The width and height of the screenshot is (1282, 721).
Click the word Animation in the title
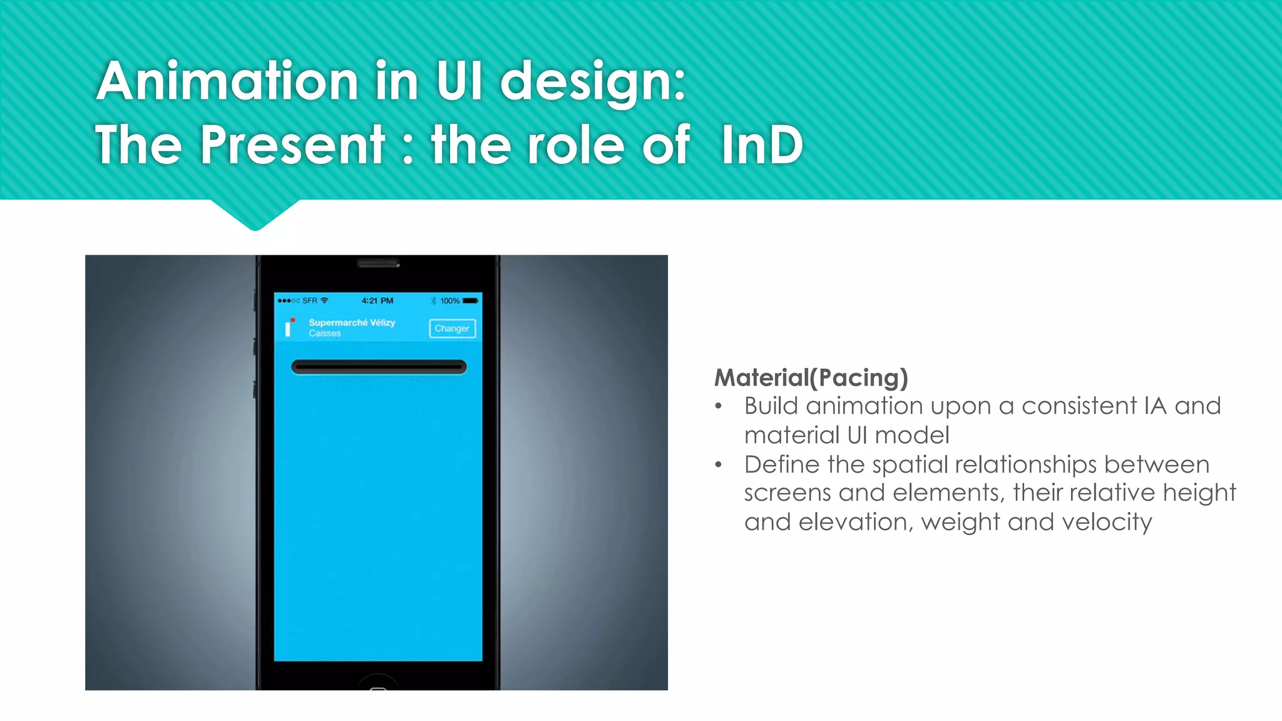tap(227, 81)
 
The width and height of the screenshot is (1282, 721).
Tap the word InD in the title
tap(761, 145)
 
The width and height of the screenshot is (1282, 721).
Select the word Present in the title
tap(292, 145)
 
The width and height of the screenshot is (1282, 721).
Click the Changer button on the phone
tap(452, 329)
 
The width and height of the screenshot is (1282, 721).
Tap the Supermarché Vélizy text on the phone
tap(352, 322)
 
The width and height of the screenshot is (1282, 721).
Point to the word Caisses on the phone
tap(324, 334)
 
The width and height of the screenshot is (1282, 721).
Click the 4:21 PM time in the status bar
tap(377, 301)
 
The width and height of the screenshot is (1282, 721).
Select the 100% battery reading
tap(449, 301)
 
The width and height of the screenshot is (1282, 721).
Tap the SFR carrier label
tap(310, 301)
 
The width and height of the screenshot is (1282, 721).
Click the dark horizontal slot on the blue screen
tap(379, 367)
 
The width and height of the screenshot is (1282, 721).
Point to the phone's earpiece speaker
tap(378, 263)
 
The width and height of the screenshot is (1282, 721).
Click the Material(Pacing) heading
tap(811, 377)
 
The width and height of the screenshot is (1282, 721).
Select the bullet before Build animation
tap(719, 407)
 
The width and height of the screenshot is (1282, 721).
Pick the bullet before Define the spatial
tap(719, 465)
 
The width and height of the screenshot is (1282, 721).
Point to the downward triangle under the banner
tap(255, 215)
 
